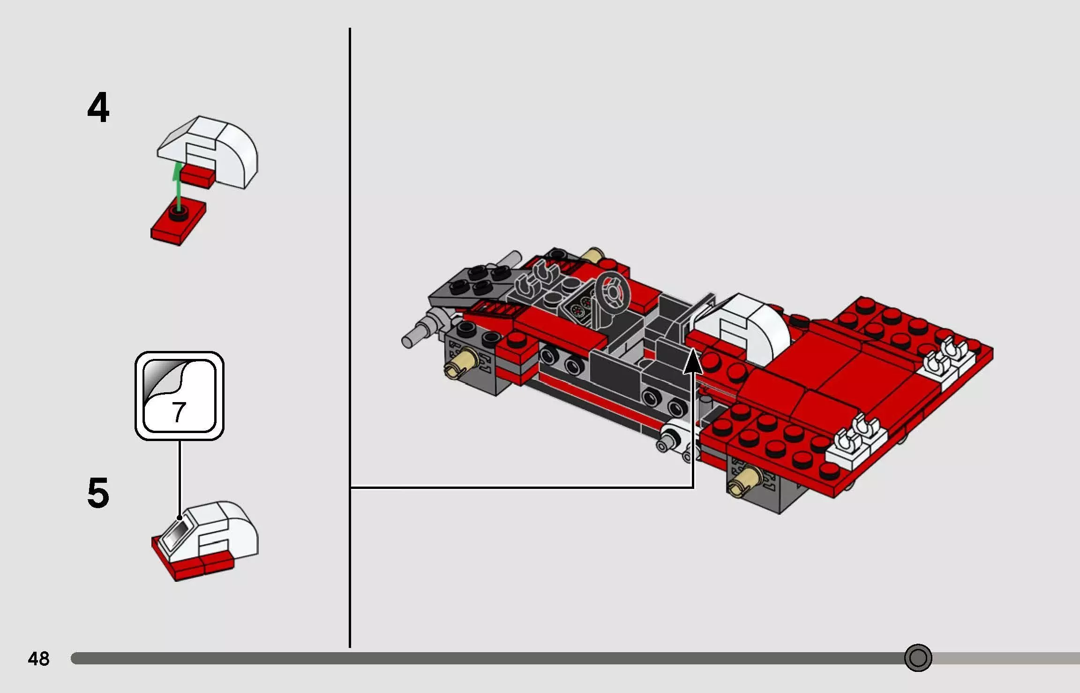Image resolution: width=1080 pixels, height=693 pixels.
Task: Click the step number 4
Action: click(98, 108)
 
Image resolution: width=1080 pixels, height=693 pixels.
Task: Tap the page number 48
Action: click(38, 659)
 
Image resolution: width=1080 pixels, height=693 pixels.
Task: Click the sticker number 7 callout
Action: click(179, 396)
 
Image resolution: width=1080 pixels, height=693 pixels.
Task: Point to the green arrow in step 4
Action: click(177, 188)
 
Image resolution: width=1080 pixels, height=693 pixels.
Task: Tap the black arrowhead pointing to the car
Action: click(693, 361)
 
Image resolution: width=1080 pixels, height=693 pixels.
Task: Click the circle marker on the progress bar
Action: click(917, 658)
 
